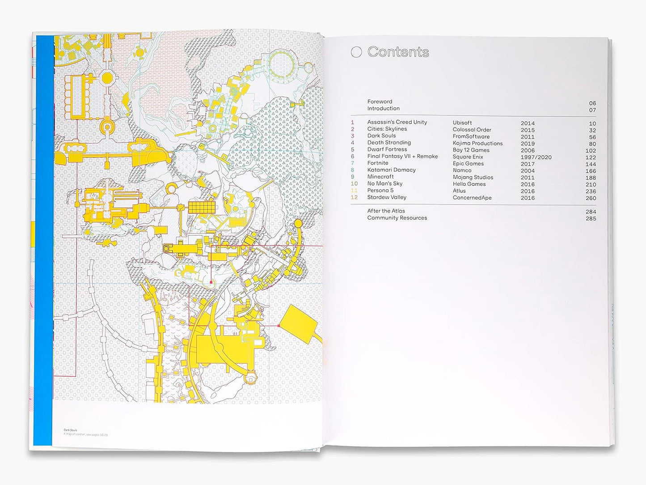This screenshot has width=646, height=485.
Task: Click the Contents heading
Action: (398, 52)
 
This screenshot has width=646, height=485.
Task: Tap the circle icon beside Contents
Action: (356, 52)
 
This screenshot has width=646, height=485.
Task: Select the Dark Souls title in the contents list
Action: (381, 136)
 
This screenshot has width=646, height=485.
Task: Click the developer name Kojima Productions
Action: (477, 143)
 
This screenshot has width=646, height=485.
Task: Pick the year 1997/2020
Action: (536, 157)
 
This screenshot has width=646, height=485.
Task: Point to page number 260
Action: (591, 198)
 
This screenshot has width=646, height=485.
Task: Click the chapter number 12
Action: (354, 197)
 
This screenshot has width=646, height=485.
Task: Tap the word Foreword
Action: (380, 102)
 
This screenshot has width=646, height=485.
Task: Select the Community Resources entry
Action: (397, 218)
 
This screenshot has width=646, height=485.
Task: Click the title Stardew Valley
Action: (387, 197)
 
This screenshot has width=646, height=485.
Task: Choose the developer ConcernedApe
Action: (472, 197)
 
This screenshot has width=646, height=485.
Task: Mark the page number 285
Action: (591, 218)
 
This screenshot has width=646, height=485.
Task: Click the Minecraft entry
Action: (380, 177)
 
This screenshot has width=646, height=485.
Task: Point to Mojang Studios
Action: (473, 177)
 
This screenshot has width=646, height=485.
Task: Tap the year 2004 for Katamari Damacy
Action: (528, 170)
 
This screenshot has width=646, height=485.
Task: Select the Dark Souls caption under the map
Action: (70, 430)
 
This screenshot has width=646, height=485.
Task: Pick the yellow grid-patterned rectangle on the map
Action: (201, 207)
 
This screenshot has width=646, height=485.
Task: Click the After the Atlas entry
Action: (386, 211)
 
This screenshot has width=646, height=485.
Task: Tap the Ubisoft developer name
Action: (462, 123)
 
